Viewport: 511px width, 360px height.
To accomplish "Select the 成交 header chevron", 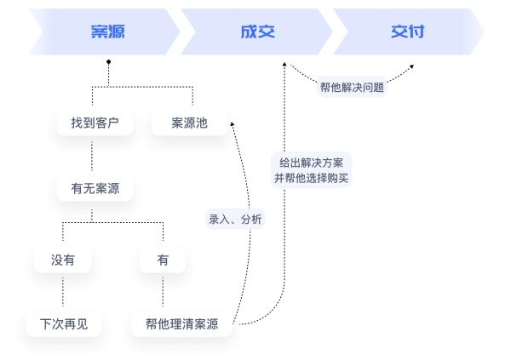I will point(255,32).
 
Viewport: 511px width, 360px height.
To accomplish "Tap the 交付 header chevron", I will point(407,32).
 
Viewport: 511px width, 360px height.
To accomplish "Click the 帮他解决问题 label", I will point(352,87).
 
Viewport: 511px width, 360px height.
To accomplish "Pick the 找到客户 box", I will point(95,123).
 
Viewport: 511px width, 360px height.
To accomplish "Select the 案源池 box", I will point(189,123).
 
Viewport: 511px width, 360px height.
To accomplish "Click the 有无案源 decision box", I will point(95,187).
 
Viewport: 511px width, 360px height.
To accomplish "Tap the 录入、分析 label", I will point(236,219).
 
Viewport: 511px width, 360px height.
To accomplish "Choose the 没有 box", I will point(63,260).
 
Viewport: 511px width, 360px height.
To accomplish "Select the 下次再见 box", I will point(63,324).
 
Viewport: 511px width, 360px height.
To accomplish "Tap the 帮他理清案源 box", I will point(181,324).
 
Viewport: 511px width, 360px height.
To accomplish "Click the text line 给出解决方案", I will point(311,163).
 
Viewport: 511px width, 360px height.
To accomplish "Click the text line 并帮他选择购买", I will point(311,179).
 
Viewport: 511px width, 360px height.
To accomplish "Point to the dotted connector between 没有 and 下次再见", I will point(63,292).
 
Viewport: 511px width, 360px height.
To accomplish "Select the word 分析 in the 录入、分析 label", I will point(251,219).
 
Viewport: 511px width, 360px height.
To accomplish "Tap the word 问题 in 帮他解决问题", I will point(373,87).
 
